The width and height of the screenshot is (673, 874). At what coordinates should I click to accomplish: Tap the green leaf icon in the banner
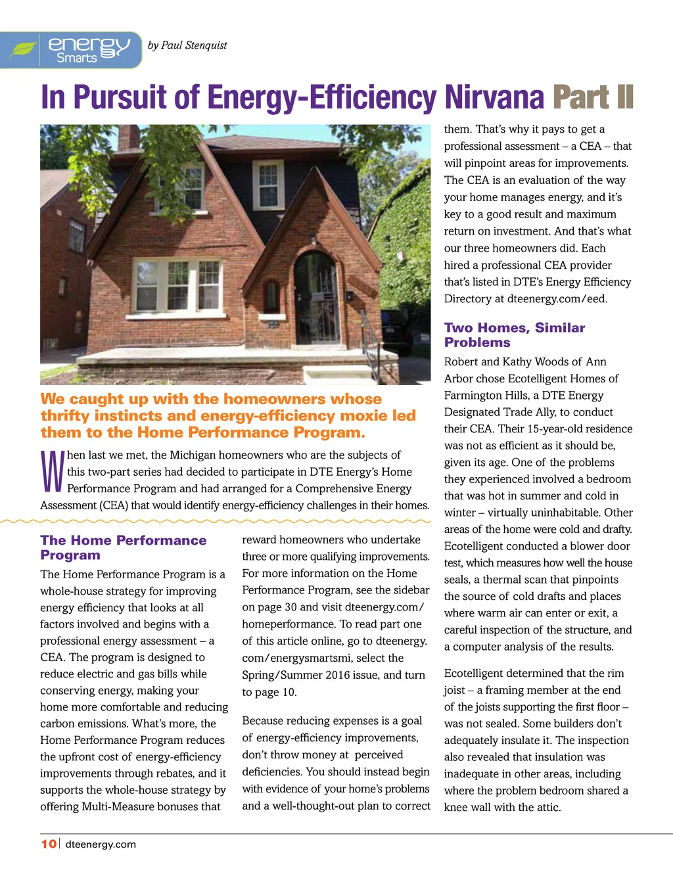(24, 50)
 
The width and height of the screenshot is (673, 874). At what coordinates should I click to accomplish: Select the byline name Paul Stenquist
(194, 45)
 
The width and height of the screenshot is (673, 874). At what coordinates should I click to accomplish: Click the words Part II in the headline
(593, 97)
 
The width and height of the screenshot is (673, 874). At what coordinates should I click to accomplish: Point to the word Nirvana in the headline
(494, 97)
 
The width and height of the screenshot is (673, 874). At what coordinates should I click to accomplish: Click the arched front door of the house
(316, 299)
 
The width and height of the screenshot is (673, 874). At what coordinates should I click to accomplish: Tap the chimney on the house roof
(129, 138)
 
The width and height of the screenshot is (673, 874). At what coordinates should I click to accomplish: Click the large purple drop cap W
(53, 472)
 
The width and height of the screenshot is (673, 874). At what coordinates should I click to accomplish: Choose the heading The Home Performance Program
(123, 547)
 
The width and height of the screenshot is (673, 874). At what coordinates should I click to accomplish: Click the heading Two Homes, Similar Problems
(514, 334)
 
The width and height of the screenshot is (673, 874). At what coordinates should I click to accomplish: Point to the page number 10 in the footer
(49, 844)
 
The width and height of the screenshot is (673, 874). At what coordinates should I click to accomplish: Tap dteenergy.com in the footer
(101, 844)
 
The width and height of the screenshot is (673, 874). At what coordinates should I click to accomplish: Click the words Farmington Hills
(480, 396)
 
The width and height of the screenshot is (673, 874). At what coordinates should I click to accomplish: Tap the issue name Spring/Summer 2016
(310, 675)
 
